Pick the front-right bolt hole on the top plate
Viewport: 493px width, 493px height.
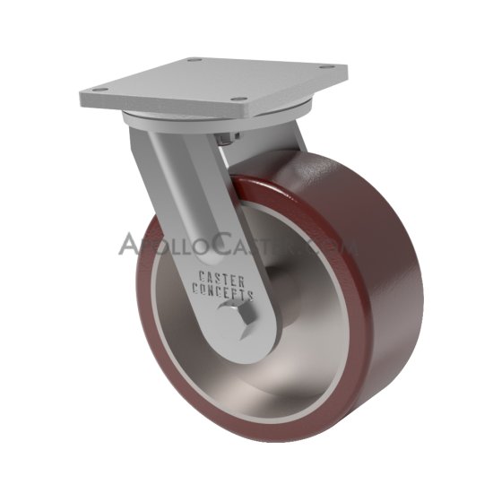(238, 99)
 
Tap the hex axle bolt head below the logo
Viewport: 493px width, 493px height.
(238, 317)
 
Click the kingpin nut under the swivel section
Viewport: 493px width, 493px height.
(229, 138)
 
